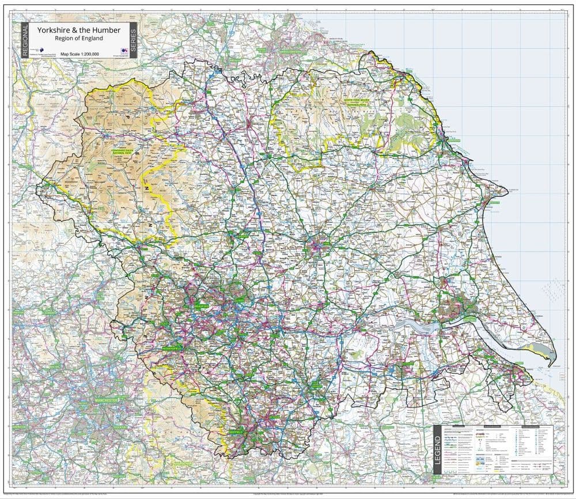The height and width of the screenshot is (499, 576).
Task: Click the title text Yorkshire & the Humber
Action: [79, 29]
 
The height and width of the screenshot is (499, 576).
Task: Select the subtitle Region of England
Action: [79, 38]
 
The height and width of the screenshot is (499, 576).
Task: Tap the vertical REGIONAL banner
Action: [25, 40]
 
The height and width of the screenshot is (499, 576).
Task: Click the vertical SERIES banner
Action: [133, 40]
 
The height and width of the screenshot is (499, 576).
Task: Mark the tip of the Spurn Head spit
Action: [553, 364]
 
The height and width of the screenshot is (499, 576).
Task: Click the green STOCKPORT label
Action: [121, 427]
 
